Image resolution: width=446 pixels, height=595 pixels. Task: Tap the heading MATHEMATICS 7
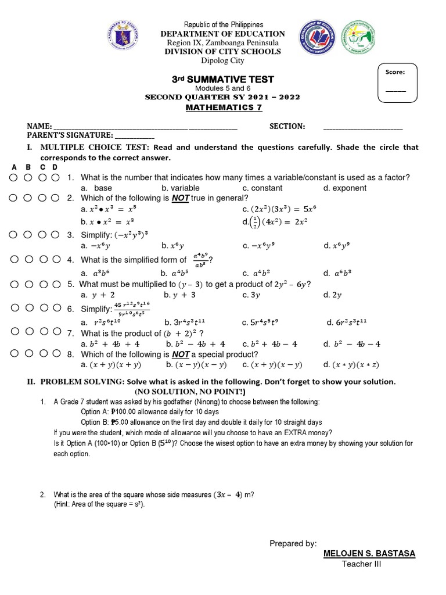(x=224, y=108)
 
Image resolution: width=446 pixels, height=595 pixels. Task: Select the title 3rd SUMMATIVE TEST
(x=224, y=79)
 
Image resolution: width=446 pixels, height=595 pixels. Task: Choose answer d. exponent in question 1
(x=345, y=188)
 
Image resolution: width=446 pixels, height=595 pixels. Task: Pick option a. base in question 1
(x=96, y=188)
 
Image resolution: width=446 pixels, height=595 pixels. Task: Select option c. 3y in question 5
(x=254, y=295)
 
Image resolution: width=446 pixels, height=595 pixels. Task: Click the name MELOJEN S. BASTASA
(x=369, y=554)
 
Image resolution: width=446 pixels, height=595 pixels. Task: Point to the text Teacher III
(x=361, y=564)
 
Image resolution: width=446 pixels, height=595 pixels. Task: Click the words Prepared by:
(x=293, y=543)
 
